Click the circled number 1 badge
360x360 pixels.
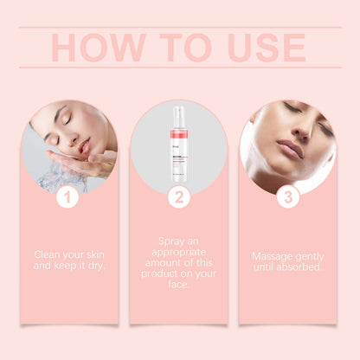click(x=68, y=197)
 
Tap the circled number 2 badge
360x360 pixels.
click(x=179, y=197)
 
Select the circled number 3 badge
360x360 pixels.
click(x=288, y=197)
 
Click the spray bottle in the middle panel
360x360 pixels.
click(x=179, y=143)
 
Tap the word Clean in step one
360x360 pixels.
click(x=48, y=254)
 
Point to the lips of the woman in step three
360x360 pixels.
click(x=289, y=150)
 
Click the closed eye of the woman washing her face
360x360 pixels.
click(x=63, y=120)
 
